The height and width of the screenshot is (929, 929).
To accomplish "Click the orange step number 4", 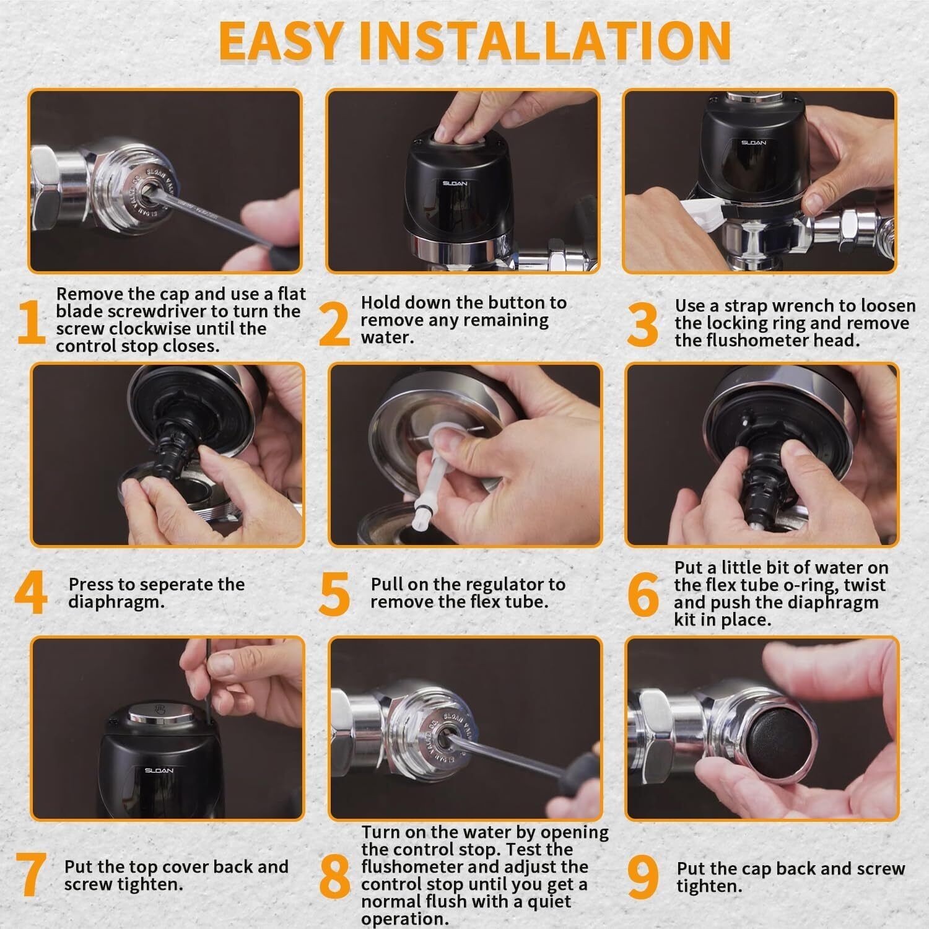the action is pyautogui.click(x=31, y=593).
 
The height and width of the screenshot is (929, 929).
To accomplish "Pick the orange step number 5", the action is pyautogui.click(x=335, y=594).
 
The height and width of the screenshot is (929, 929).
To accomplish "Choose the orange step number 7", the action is pyautogui.click(x=30, y=874).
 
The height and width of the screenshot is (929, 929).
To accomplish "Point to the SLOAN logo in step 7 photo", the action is pyautogui.click(x=159, y=770).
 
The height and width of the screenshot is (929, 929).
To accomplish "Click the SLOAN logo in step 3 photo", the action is pyautogui.click(x=754, y=142).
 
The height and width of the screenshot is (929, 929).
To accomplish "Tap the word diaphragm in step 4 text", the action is pyautogui.click(x=117, y=602).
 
